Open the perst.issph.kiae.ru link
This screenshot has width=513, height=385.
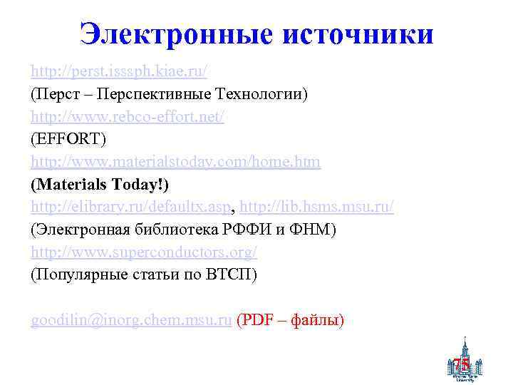pos(119,71)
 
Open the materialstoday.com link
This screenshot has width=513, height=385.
pos(175,163)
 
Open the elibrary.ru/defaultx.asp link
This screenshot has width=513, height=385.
pos(130,207)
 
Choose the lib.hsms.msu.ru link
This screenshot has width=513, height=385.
pos(316,207)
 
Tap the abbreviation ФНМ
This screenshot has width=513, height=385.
pos(314,230)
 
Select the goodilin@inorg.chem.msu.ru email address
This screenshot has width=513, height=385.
pos(131,322)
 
